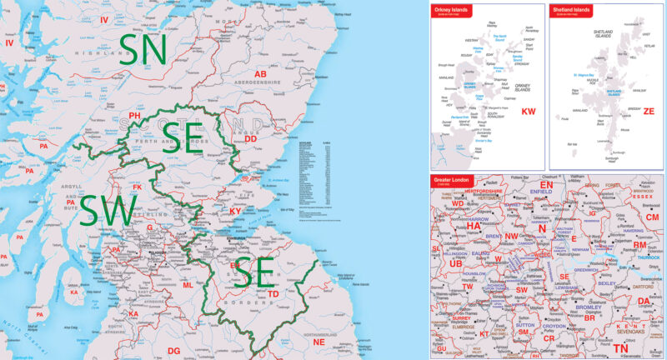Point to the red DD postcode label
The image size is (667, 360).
[x=249, y=139]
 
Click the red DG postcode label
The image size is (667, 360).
[x=173, y=351]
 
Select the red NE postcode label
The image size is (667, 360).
[x=318, y=342]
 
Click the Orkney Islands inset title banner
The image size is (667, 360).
[x=450, y=12]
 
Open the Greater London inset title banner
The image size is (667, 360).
[x=453, y=181]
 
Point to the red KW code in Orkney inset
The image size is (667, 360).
[x=528, y=110]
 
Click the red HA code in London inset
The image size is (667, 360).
[x=474, y=225]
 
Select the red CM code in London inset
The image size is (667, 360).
[x=652, y=217]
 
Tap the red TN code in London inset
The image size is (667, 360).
[x=620, y=347]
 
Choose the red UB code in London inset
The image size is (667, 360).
[x=456, y=263]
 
